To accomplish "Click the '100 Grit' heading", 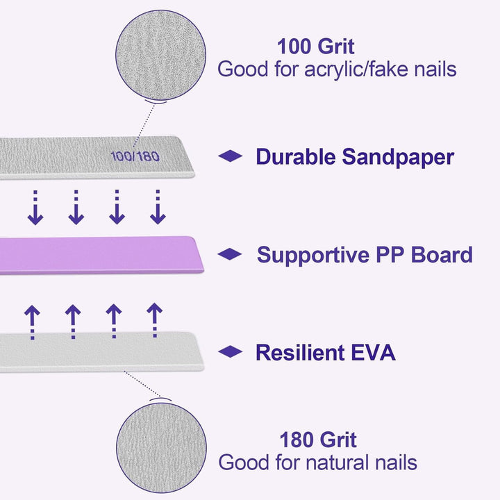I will click(x=316, y=47).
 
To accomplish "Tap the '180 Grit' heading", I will click(x=318, y=440).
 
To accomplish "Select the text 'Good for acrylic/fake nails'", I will click(x=337, y=69).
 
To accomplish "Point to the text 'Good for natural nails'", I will click(x=317, y=462).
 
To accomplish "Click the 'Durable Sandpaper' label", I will click(x=354, y=156).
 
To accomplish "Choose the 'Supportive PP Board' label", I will click(x=365, y=255).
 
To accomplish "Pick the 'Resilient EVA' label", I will click(x=325, y=353).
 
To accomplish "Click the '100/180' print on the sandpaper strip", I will click(x=134, y=156).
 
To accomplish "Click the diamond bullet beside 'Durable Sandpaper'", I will click(x=230, y=156).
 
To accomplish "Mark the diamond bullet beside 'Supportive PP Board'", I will click(x=230, y=255).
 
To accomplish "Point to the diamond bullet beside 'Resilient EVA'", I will click(x=230, y=352).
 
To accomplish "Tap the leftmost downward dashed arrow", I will click(x=35, y=206).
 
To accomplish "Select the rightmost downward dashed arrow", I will click(x=158, y=206).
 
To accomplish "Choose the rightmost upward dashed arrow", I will click(x=154, y=321).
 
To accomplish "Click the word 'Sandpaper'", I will click(x=398, y=156).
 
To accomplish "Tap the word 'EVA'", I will click(x=374, y=353).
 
